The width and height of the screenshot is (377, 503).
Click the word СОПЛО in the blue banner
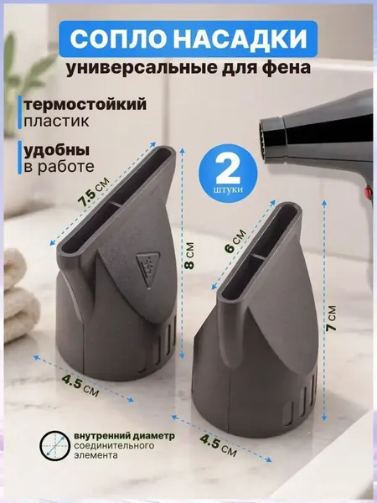(120, 39)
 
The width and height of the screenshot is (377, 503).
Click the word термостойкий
(85, 104)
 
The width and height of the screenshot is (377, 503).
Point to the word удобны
(57, 150)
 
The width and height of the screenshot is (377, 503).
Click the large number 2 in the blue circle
(228, 170)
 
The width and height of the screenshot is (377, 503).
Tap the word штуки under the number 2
(228, 189)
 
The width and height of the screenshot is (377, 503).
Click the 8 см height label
(189, 256)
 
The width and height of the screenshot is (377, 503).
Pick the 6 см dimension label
(235, 241)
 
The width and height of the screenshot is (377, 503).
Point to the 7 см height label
(332, 319)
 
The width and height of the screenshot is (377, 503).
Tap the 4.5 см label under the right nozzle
(219, 445)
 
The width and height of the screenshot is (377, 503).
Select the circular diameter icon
(55, 446)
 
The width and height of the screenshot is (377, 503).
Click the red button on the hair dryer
(366, 193)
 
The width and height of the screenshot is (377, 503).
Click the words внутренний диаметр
(125, 436)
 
